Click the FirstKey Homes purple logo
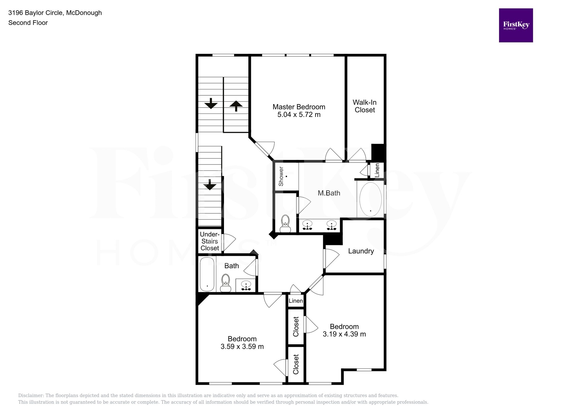516,25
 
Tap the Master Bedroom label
299,107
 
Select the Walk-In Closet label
365,106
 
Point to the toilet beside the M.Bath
285,224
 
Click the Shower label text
281,176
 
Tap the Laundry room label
361,251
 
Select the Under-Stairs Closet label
210,241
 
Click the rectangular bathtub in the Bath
207,274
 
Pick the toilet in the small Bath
226,283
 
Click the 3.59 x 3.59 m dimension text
242,347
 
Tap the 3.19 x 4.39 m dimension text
344,334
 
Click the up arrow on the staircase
236,106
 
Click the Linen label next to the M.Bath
377,170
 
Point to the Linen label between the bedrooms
296,301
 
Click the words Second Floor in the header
28,23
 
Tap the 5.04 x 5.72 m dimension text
299,115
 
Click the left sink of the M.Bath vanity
307,225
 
